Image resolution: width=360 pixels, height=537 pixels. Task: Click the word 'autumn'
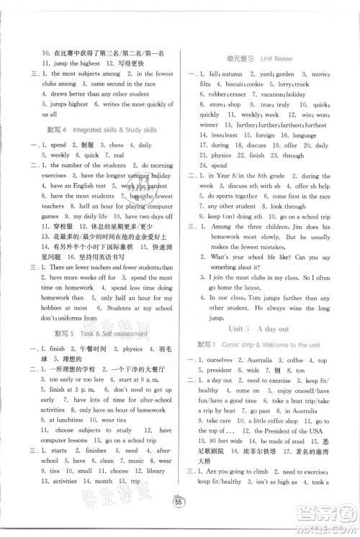231,74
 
